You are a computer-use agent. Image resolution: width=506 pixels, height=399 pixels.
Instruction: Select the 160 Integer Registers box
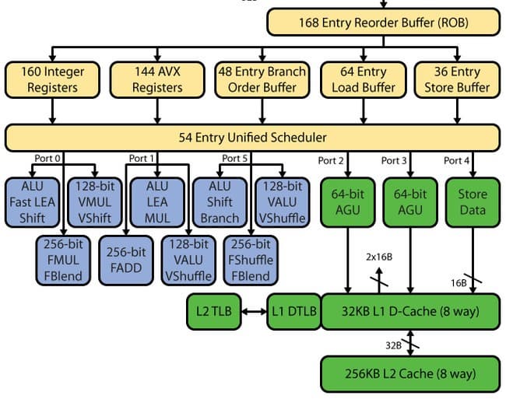pyautogui.click(x=53, y=79)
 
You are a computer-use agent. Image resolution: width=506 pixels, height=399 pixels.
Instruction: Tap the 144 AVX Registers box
pyautogui.click(x=157, y=79)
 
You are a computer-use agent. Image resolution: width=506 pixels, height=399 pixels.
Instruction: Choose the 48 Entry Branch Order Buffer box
pyautogui.click(x=262, y=79)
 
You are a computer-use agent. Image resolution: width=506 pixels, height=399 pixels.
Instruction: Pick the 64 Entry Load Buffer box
pyautogui.click(x=364, y=79)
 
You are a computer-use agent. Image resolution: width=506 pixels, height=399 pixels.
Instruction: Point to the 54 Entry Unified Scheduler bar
pyautogui.click(x=253, y=138)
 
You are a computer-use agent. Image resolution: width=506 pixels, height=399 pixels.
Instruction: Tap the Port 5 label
pyautogui.click(x=236, y=159)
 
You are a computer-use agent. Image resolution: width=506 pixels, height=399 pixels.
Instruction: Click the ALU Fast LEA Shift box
pyautogui.click(x=33, y=202)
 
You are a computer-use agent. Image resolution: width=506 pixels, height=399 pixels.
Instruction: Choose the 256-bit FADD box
pyautogui.click(x=126, y=260)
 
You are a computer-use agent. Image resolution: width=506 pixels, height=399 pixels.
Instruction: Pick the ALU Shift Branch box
pyautogui.click(x=220, y=202)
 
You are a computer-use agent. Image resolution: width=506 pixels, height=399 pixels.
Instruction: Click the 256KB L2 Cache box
pyautogui.click(x=409, y=373)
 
